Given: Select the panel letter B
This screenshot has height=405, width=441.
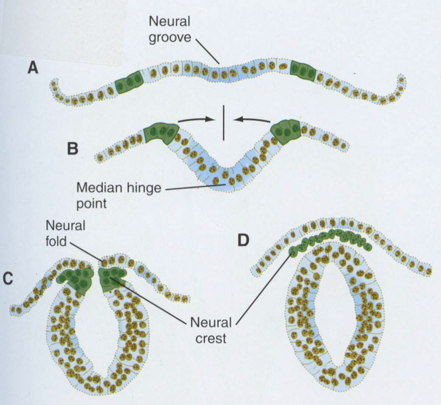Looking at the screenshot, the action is point(73,149).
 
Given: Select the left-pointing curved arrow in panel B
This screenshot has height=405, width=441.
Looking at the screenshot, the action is point(252,120).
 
